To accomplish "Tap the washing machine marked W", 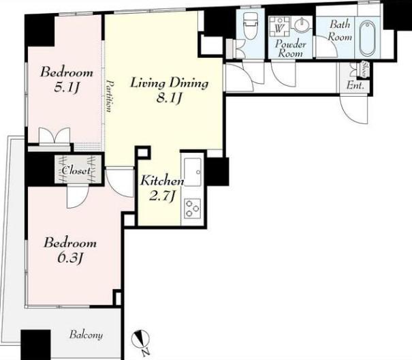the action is (280, 27).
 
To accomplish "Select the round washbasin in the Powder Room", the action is (302, 25).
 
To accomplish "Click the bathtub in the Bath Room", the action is (367, 38).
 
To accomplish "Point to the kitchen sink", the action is (192, 172).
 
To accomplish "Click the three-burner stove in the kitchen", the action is (192, 208).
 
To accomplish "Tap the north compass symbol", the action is (140, 339).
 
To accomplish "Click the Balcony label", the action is (86, 335).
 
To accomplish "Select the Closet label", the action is (76, 171).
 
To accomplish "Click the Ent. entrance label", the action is (355, 85).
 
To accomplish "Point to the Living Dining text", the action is (170, 83).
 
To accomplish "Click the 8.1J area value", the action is (169, 98).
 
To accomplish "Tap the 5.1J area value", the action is (67, 87).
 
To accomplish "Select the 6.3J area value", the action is (70, 258).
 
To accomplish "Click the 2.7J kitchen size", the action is (162, 196).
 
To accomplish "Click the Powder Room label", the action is (290, 48).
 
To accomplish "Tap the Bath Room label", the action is (340, 30).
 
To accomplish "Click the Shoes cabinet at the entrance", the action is (364, 70).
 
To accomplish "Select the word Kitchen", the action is (162, 181).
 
